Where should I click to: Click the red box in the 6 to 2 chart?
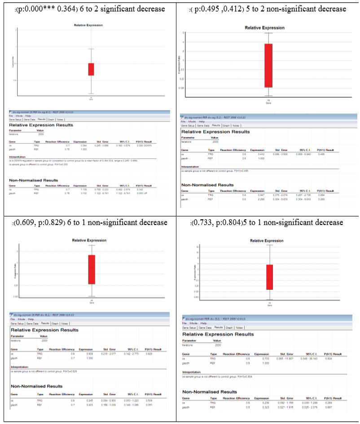click(x=91, y=69)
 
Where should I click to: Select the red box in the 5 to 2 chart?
click(x=268, y=66)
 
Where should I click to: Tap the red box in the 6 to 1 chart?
click(x=92, y=269)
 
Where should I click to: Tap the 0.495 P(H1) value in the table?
click(x=321, y=154)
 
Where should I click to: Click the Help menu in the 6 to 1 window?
click(x=28, y=319)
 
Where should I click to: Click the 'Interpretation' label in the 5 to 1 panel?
click(x=191, y=372)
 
